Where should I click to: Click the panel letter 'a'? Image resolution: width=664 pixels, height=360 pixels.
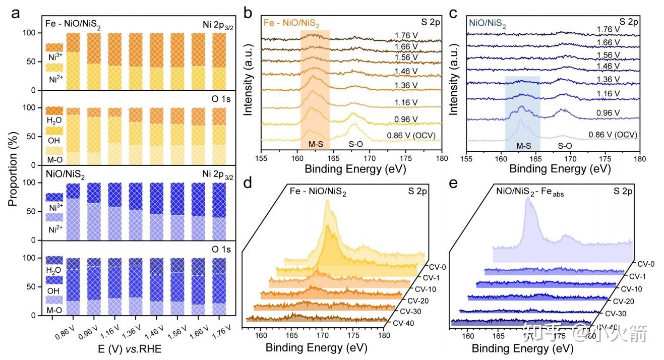pos(16,14)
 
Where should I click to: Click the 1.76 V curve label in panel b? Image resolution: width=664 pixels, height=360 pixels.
pos(404,36)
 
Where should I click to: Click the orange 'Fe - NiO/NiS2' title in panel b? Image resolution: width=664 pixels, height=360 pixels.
pos(291,23)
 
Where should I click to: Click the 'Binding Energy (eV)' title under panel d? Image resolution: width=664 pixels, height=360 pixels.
pos(316,348)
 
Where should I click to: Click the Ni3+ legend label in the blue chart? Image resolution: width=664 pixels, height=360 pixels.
pos(54,207)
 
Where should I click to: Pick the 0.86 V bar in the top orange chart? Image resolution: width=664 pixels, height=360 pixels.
pos(74,62)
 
